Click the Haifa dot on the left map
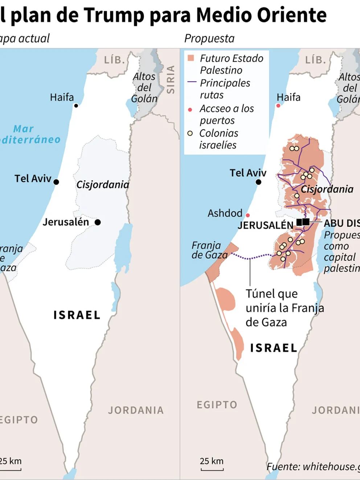click(x=76, y=106)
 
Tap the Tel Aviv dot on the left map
click(x=56, y=182)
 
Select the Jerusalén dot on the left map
click(x=98, y=222)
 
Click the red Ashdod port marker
click(x=248, y=215)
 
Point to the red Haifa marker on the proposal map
click(x=278, y=106)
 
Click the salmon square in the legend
click(x=191, y=58)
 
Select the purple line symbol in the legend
click(x=192, y=82)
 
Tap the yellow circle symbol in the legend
click(x=190, y=133)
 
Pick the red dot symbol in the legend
click(x=190, y=110)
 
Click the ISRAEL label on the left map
click(x=77, y=315)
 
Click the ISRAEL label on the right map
click(x=274, y=348)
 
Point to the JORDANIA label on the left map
click(x=136, y=410)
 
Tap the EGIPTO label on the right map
click(x=217, y=405)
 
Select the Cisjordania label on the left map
click(x=103, y=185)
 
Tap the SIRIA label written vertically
click(x=171, y=79)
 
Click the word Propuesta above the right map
click(x=209, y=38)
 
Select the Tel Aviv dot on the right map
click(x=258, y=182)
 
